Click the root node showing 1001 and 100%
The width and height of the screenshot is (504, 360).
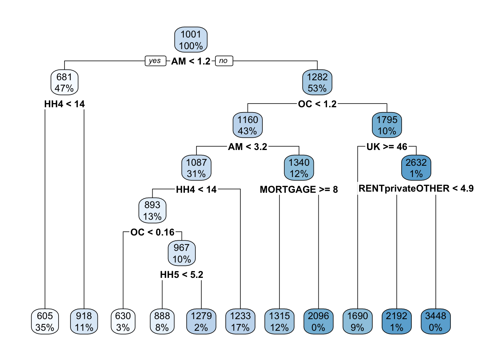(191, 40)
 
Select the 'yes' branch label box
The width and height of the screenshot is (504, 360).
(156, 61)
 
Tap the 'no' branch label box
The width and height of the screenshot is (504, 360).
(224, 61)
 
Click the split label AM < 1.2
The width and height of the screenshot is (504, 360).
(191, 61)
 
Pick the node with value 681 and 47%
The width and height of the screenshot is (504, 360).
(64, 82)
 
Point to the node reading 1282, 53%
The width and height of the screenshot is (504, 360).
(317, 82)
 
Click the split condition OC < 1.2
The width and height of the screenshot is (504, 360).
(317, 104)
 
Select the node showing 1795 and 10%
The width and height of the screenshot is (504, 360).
(387, 125)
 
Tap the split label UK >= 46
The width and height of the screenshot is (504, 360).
(387, 147)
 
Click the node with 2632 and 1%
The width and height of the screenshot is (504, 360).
(416, 168)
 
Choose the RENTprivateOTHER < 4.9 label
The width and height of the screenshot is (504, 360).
(416, 189)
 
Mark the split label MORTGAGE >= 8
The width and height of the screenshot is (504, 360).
(299, 189)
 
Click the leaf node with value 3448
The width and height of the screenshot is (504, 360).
(436, 321)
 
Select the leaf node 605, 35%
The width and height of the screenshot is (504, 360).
(45, 321)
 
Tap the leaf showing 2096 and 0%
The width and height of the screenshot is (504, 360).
(318, 321)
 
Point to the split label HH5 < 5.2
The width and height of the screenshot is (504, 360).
(181, 274)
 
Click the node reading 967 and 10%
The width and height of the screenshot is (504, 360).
(181, 253)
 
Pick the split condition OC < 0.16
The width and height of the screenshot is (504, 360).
(152, 232)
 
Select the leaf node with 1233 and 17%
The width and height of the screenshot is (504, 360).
(240, 321)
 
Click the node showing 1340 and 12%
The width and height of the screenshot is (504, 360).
(299, 168)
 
